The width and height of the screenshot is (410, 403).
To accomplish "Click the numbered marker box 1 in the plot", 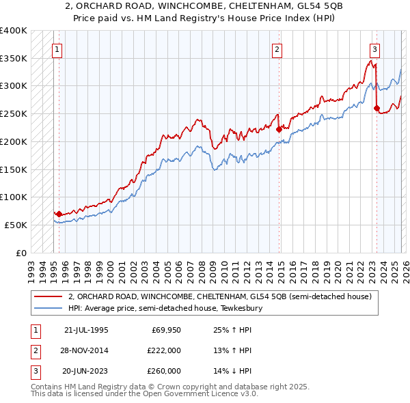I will [57, 49].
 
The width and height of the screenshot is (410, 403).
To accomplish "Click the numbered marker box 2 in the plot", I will [277, 49].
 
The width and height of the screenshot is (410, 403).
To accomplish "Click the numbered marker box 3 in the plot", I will [375, 49].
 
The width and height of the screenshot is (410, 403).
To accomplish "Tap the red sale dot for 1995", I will [59, 214].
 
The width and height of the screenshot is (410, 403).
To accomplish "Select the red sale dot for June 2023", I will [377, 107].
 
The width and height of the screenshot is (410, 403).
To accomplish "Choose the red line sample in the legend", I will [49, 297].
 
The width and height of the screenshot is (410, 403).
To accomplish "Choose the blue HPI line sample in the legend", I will [49, 309].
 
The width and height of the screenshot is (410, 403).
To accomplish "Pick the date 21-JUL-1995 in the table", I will [86, 330].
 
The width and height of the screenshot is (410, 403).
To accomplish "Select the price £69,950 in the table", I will [165, 330].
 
